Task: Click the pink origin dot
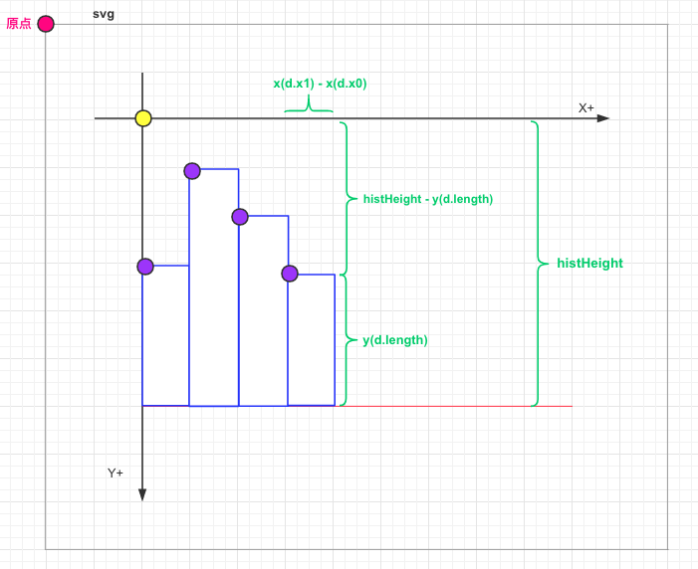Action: (46, 24)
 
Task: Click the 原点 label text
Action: (19, 24)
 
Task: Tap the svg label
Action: (104, 13)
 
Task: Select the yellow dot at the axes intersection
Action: (143, 118)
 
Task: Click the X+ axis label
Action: (586, 107)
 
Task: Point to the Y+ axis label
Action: (116, 473)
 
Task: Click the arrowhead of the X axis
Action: (603, 118)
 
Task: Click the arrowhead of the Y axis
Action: (142, 494)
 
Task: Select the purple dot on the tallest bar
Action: (192, 171)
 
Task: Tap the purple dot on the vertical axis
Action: (145, 267)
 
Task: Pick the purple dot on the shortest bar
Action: (290, 274)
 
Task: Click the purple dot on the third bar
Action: (240, 217)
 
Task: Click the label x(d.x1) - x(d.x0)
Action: (320, 84)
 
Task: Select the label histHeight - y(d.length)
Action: (428, 199)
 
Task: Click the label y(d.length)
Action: (395, 340)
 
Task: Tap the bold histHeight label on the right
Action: (589, 264)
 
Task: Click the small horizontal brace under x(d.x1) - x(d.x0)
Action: (309, 107)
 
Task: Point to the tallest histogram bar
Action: (214, 288)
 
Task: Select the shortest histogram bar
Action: (312, 340)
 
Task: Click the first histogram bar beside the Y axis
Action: (166, 336)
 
